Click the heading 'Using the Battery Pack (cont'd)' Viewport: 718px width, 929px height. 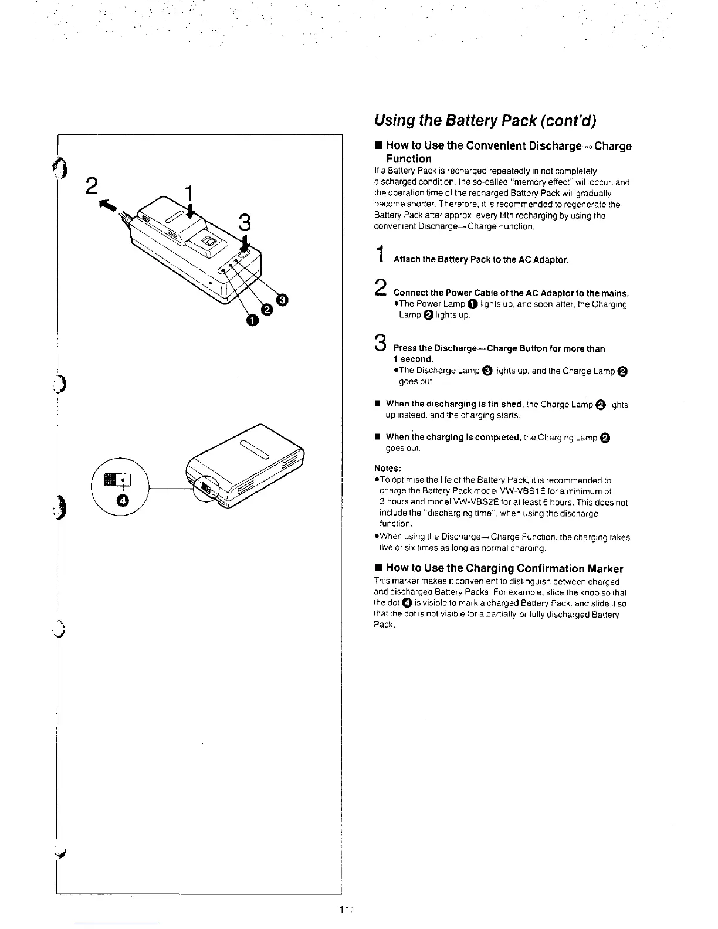pyautogui.click(x=485, y=120)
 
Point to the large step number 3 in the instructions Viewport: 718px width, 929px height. pyautogui.click(x=381, y=342)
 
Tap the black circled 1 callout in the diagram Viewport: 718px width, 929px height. pyautogui.click(x=252, y=320)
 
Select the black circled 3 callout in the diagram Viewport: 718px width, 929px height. pyautogui.click(x=282, y=300)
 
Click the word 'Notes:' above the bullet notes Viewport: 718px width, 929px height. pyautogui.click(x=387, y=468)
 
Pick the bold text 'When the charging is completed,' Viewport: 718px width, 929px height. pyautogui.click(x=452, y=438)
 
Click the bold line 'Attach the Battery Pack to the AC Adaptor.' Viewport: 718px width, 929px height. pyautogui.click(x=481, y=259)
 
